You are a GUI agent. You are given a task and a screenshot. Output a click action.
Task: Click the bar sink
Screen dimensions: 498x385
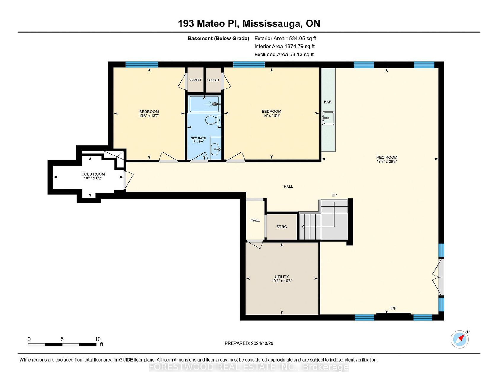(328, 118)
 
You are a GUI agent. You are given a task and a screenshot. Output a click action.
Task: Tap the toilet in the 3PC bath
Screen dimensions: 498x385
(213, 120)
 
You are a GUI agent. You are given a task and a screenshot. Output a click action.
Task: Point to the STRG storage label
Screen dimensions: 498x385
(282, 227)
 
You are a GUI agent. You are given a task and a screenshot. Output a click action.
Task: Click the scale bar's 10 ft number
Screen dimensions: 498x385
(98, 339)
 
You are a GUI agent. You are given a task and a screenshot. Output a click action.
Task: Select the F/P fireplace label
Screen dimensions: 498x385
(393, 308)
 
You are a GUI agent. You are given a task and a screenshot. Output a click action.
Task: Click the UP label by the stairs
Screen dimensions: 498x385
(334, 195)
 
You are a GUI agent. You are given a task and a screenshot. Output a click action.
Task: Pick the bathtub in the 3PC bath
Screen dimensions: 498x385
(204, 104)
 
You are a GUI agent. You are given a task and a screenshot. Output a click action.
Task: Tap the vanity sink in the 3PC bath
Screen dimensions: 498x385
(216, 147)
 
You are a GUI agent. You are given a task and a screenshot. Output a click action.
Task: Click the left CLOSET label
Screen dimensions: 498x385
(195, 80)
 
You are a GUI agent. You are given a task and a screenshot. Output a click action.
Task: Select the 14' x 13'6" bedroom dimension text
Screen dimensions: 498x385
(272, 116)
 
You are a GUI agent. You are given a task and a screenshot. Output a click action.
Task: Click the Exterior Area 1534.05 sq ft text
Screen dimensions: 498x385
(285, 38)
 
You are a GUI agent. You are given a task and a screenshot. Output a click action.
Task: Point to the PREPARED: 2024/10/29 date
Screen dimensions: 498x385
(249, 343)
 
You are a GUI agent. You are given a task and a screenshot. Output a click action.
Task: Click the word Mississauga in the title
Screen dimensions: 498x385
(273, 23)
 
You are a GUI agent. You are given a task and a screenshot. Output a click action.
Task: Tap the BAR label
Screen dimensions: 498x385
(328, 102)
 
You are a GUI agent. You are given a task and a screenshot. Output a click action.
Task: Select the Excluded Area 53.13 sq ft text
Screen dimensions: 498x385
(284, 54)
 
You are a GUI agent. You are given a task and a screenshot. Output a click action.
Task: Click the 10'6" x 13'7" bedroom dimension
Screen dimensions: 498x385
(149, 116)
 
